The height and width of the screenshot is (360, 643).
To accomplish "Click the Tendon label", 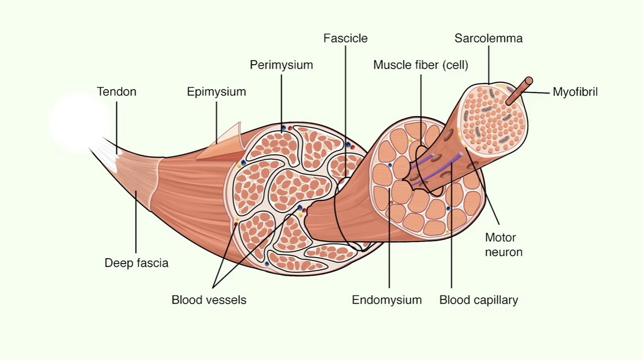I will pos(116,92).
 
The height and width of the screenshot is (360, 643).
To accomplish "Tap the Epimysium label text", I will pos(216,92).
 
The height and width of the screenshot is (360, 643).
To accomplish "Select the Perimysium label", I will pos(281,65).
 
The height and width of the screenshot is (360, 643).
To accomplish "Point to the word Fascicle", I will pos(345,38).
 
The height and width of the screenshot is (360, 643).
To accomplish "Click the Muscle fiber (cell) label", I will pos(420,65).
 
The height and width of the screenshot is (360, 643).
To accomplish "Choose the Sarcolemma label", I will pos(488,38).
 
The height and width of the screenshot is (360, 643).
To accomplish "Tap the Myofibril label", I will pos(575,92).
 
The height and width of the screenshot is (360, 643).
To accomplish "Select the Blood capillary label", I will pos(478,300).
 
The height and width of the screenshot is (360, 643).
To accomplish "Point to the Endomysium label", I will pos(387,300).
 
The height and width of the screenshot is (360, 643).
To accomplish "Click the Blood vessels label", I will pos(209,300).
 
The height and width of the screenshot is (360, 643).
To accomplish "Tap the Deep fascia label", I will pos(136,263).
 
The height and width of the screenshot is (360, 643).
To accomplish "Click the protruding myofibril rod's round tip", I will pos(527,81).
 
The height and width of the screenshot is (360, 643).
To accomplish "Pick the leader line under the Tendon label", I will pos(117,125).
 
